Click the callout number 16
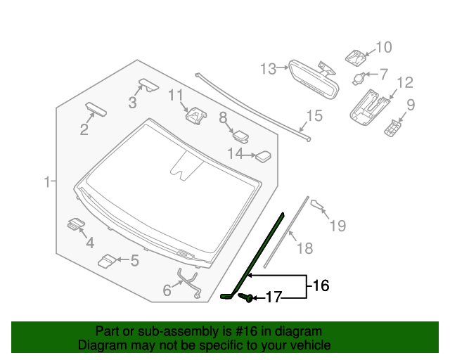[320, 286]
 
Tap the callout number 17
[273, 298]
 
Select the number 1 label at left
[46, 182]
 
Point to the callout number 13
[269, 69]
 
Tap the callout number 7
[383, 73]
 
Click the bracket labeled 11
[195, 113]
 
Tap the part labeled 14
[263, 155]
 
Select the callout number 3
[131, 103]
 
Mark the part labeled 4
[75, 225]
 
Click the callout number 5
[134, 261]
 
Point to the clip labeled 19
[317, 205]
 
